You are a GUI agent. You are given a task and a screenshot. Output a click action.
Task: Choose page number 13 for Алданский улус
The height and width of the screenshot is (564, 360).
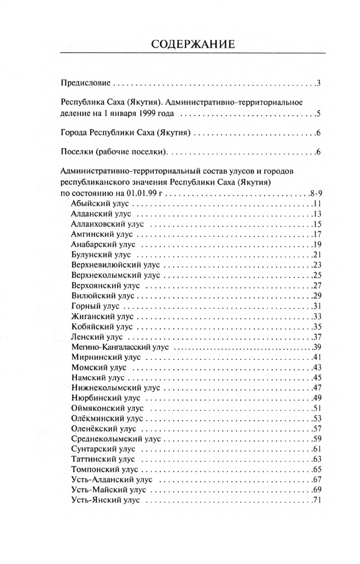(x=315, y=214)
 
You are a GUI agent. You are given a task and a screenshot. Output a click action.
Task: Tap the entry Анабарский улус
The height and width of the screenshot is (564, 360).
(x=103, y=245)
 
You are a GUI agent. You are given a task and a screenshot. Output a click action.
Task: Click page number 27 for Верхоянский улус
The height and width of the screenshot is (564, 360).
(x=315, y=286)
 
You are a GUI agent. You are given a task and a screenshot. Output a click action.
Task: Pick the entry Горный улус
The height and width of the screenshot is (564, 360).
(x=96, y=306)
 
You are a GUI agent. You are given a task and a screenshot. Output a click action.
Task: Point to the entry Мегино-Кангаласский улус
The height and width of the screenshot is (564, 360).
(x=120, y=347)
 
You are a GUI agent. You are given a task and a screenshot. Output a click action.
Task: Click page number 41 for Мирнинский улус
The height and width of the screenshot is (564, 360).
(x=315, y=357)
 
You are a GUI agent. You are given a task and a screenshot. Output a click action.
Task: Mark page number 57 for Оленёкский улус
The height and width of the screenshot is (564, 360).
(x=315, y=429)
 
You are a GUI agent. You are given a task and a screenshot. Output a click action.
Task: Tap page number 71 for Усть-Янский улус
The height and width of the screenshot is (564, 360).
(x=315, y=501)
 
